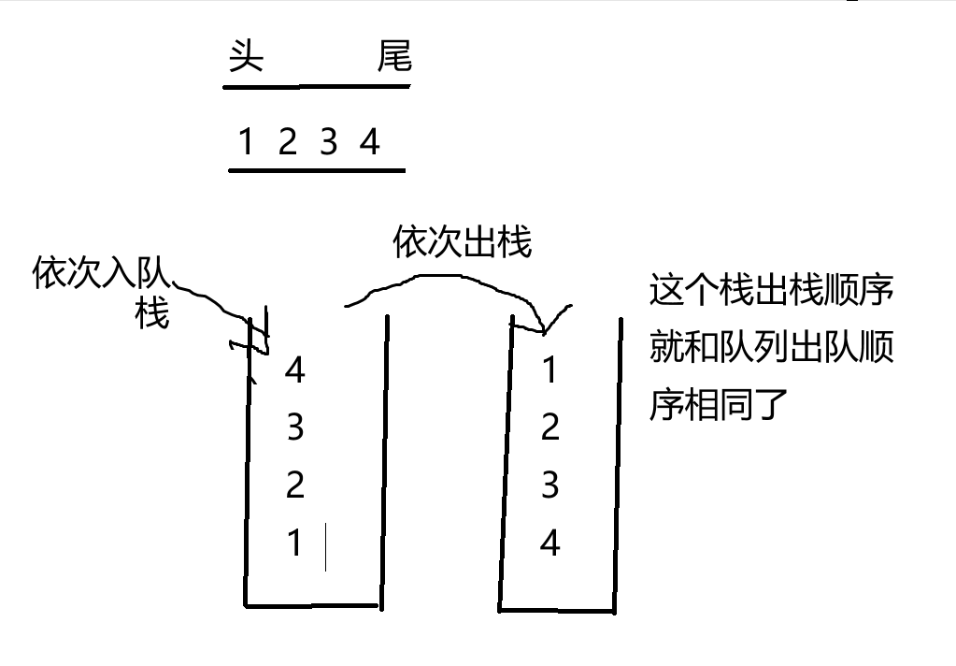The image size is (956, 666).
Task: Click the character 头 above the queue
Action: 246,59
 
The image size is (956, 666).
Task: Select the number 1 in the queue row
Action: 246,143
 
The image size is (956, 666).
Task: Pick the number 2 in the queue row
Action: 287,143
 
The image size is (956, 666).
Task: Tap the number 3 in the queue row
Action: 328,143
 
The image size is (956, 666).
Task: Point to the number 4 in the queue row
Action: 370,143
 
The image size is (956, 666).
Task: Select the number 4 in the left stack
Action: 295,371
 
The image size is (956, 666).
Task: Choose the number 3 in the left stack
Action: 295,428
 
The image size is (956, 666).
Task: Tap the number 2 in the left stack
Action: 295,485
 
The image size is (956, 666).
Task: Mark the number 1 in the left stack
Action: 295,543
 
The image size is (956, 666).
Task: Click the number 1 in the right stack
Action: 549,371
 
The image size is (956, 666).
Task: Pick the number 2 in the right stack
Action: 549,428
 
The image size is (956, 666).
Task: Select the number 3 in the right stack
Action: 549,485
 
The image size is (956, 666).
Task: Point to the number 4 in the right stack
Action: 549,543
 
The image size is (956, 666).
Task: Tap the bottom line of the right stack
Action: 557,612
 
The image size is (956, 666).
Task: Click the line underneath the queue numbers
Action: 317,171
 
